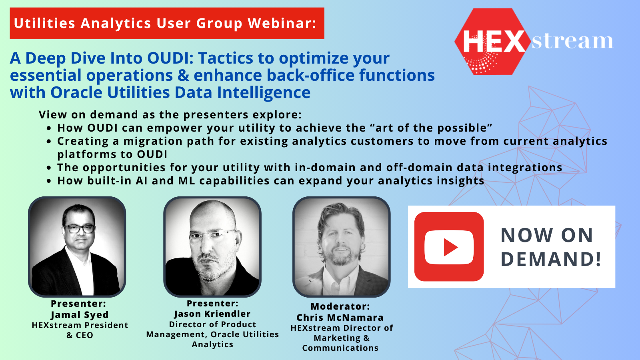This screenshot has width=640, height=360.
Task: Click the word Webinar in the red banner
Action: pos(282,23)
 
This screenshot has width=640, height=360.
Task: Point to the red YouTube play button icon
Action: pos(449,246)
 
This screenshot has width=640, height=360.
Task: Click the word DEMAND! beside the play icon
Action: pos(551,259)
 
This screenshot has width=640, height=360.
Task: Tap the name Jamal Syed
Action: pos(80,314)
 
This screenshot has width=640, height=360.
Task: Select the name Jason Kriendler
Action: pos(212,314)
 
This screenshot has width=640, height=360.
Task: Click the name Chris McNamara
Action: pos(340,318)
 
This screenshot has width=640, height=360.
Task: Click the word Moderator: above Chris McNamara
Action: pos(340,306)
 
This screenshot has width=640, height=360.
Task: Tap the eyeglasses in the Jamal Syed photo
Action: pos(80,228)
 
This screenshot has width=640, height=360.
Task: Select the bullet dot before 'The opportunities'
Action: pos(49,168)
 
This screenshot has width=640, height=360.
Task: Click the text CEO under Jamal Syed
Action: pos(84,335)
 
